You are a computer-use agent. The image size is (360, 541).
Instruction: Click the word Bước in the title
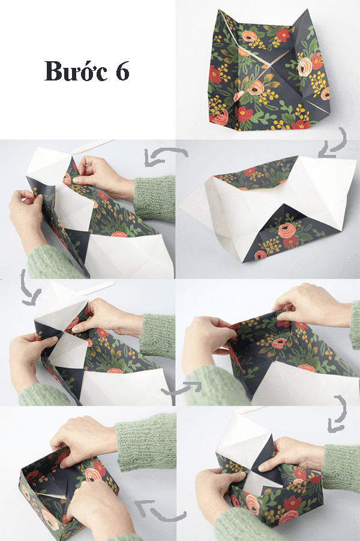tap(76, 71)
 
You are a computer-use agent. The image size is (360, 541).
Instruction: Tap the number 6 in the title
tap(122, 72)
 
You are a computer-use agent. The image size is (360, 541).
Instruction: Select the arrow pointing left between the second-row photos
tap(157, 157)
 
